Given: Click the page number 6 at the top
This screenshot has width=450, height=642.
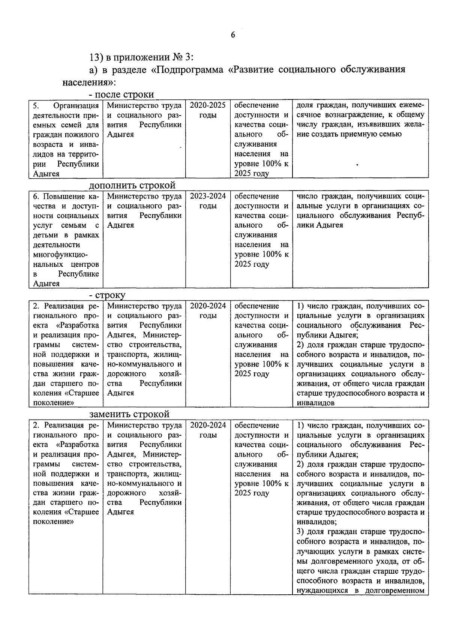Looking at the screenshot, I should pos(232,35).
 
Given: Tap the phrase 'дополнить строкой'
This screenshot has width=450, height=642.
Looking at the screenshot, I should pos(132,185).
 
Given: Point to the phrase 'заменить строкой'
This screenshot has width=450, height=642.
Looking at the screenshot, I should pos(129,414).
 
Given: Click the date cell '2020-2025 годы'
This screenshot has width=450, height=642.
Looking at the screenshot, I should pos(208,110).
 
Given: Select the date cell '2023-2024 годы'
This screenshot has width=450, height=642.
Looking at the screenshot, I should pos(208,201).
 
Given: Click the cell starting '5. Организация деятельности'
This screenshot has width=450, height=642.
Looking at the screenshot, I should pos(66,139).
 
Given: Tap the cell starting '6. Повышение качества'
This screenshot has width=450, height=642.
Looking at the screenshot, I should pos(66,239).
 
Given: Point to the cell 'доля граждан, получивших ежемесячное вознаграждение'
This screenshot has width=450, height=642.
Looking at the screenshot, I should pos(360,119).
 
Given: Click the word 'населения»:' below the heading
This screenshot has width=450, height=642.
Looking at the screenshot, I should pos(89,82).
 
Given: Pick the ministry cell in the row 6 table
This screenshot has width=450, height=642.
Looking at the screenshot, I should pos(144,210).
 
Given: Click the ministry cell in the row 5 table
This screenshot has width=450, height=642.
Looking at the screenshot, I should pos(144,119).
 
